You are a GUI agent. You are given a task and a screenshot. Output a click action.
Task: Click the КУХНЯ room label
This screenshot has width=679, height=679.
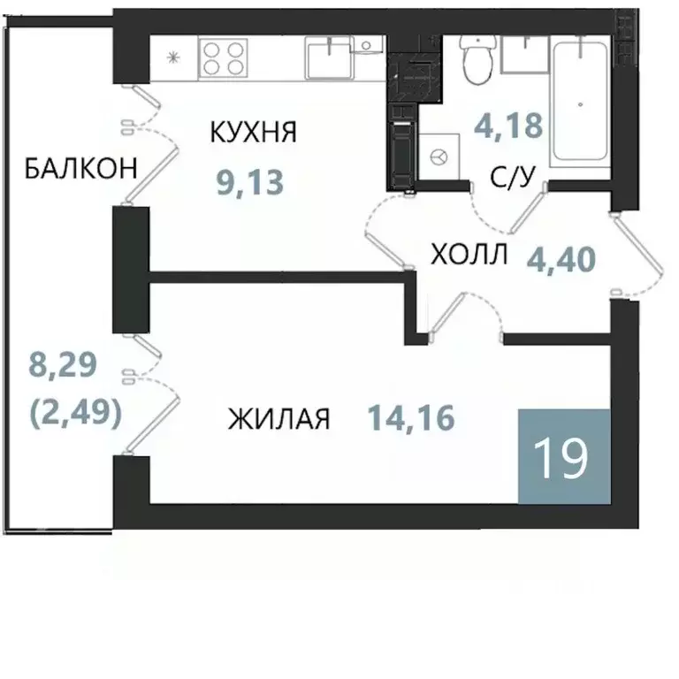pyautogui.click(x=253, y=133)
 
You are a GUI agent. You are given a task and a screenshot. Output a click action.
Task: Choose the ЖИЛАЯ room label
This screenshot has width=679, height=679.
pyautogui.click(x=278, y=418)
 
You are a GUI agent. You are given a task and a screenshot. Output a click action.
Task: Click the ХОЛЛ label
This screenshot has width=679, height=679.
pyautogui.click(x=469, y=256)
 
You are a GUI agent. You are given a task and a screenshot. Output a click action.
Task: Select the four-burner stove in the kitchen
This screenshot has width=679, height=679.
pyautogui.click(x=222, y=58)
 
